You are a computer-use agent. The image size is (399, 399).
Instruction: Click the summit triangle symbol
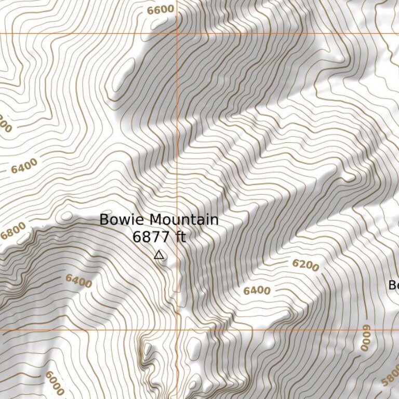(x=159, y=255)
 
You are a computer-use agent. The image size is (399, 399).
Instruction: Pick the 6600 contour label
(x=160, y=9)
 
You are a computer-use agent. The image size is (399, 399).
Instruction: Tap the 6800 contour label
(x=12, y=231)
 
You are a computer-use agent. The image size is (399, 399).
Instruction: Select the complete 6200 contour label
(x=305, y=265)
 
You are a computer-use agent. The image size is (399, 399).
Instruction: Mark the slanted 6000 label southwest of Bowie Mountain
(x=55, y=383)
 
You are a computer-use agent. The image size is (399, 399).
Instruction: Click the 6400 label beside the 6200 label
(x=257, y=290)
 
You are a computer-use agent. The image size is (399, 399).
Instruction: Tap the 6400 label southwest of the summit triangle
(x=78, y=281)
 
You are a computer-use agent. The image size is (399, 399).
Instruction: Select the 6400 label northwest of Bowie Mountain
(x=24, y=166)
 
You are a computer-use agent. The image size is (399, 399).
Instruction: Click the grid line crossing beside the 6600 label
(x=177, y=34)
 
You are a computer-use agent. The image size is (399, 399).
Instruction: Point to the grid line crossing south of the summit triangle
(x=177, y=329)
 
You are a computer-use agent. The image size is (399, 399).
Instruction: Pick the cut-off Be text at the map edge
(x=394, y=285)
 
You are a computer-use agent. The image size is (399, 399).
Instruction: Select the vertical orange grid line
(x=177, y=156)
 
